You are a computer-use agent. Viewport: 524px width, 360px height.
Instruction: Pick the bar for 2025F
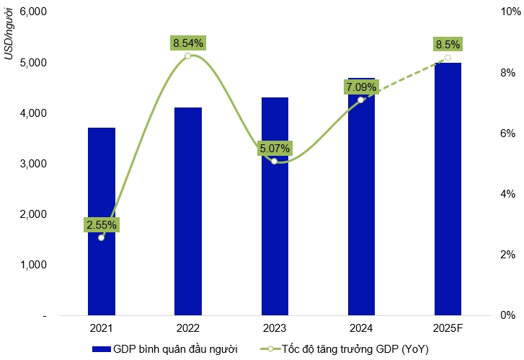pos(448,188)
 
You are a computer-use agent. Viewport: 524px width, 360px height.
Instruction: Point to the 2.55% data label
pos(101,224)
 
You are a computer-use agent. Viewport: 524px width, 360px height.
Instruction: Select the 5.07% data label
pos(275,149)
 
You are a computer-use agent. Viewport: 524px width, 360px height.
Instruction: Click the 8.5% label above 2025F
pos(448,45)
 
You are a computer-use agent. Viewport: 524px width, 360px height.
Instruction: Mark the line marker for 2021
pos(101,237)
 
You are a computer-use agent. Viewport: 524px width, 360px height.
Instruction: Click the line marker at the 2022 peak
pos(187,56)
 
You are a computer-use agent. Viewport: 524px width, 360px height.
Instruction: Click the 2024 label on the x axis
pos(361,329)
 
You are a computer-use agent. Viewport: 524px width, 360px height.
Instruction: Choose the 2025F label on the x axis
pos(448,329)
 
